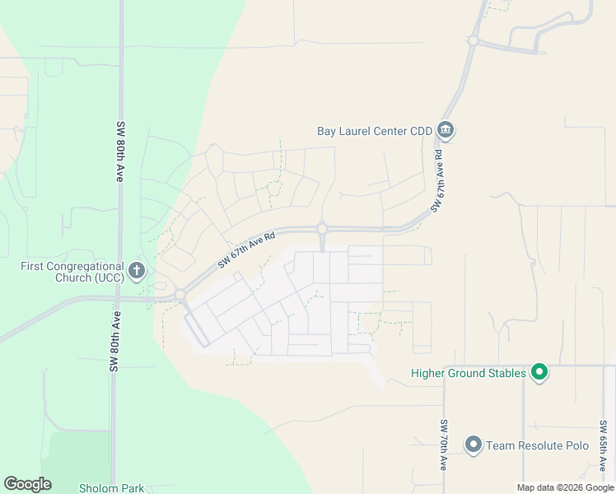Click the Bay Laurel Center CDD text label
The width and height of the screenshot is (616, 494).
[x=375, y=130]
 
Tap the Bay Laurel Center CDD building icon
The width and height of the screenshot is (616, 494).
[x=446, y=129]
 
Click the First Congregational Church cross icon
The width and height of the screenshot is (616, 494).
[x=137, y=269]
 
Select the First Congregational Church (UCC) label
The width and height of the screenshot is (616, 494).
[x=72, y=272]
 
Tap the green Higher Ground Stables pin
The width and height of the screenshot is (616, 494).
[x=539, y=373]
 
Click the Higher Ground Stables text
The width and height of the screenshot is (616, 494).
[x=468, y=374]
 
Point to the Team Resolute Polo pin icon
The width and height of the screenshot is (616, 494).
[x=473, y=445]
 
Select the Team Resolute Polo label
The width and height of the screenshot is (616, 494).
[x=537, y=445]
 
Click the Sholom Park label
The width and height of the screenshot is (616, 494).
[x=111, y=487]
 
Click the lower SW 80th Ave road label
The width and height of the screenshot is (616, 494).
[x=114, y=342]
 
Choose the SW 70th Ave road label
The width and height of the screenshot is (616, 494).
[x=443, y=445]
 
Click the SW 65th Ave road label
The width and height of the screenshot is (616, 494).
[x=603, y=445]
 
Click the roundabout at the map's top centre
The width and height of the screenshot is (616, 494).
[x=473, y=40]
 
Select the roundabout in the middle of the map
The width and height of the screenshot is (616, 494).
[x=322, y=229]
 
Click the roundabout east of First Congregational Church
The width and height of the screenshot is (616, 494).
[x=180, y=295]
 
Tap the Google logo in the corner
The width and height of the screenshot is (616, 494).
[x=27, y=484]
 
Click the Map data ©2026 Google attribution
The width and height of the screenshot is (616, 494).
[x=565, y=487]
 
